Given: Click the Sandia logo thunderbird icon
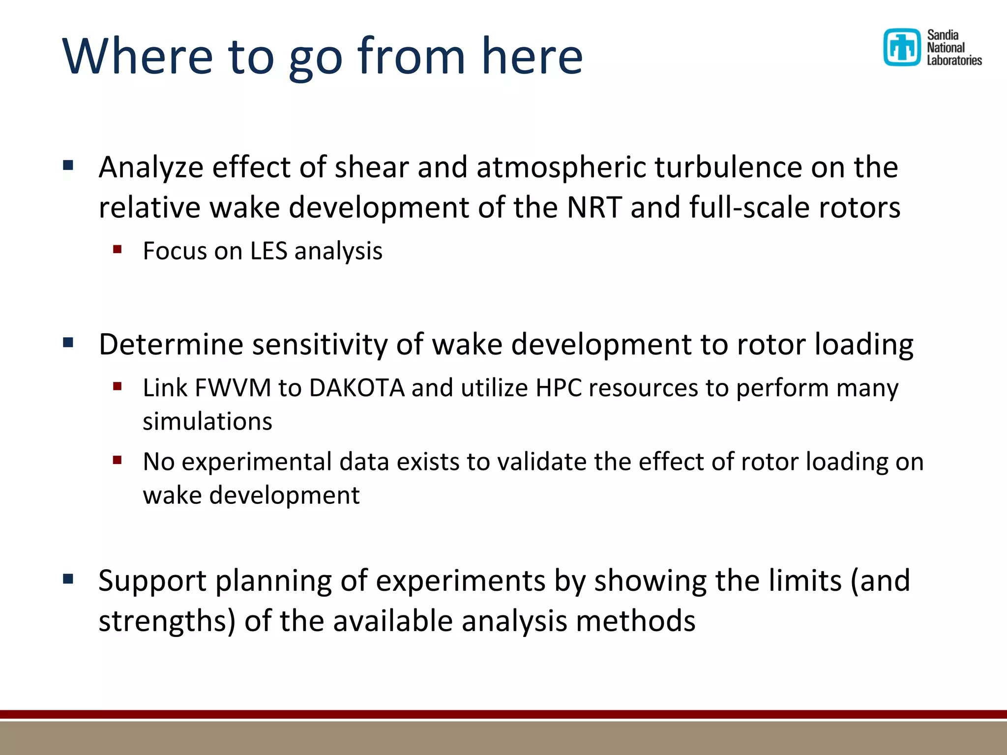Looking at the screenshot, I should (901, 47).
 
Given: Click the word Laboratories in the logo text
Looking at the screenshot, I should (954, 60).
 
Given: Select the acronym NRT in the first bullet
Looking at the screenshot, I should (594, 207).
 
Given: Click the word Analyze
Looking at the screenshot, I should (151, 168).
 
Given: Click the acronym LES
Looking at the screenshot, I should (268, 251).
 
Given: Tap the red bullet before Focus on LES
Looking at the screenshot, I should (117, 249).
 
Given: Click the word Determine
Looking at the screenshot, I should (171, 344).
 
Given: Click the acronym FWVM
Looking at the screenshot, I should (233, 388).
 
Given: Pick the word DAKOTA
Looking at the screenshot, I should (356, 388).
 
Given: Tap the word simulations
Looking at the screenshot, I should (207, 422).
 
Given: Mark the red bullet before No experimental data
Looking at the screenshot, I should (117, 461).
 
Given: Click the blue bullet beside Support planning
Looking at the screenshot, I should (68, 579).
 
